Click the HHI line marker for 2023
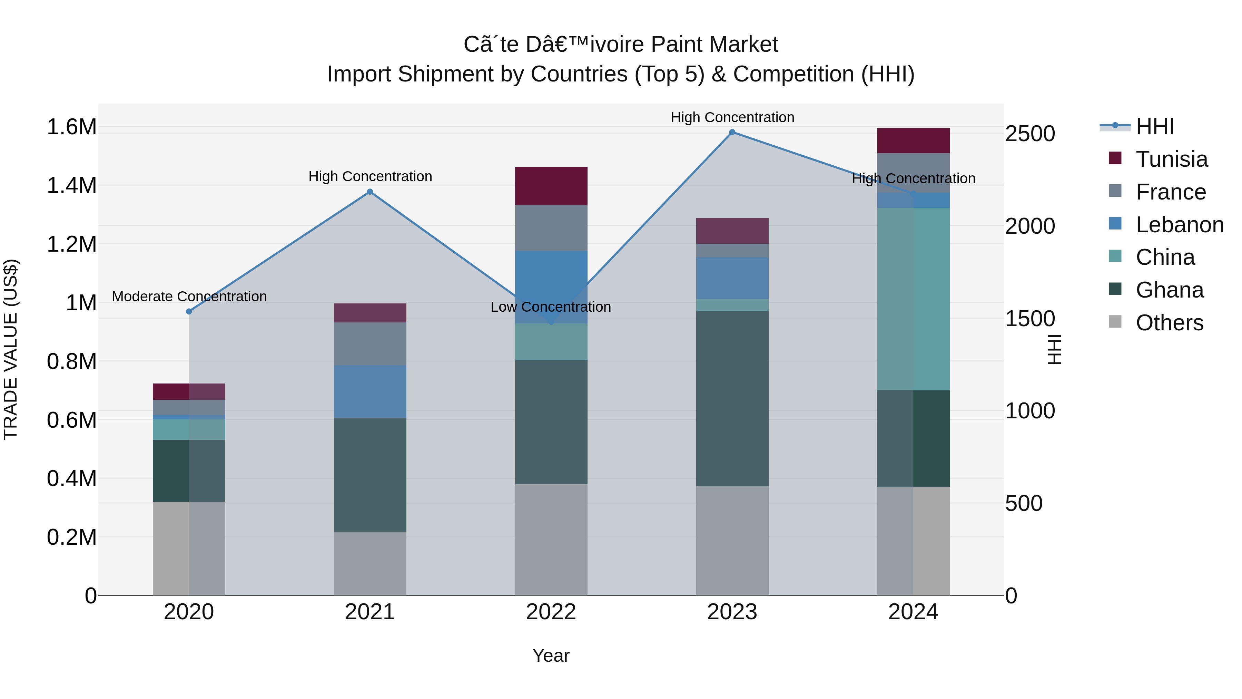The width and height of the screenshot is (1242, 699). click(732, 132)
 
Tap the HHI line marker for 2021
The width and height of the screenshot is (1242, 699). click(370, 192)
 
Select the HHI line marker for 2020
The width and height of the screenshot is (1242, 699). click(189, 312)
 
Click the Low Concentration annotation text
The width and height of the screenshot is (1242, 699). click(551, 307)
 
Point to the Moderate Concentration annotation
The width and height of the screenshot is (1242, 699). click(189, 296)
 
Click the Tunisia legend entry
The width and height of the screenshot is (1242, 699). click(1171, 159)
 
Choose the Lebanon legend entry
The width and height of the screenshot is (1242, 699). click(1179, 225)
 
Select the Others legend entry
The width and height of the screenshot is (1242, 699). click(1169, 323)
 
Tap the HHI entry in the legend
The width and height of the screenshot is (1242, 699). click(1154, 126)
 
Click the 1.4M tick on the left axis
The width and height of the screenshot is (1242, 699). click(71, 186)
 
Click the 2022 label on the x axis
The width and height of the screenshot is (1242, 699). click(551, 612)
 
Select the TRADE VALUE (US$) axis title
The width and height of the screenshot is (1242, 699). click(11, 349)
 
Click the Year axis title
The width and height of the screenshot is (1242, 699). click(551, 656)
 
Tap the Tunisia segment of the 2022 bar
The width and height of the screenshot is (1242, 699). click(551, 186)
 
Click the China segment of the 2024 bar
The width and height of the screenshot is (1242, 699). click(913, 299)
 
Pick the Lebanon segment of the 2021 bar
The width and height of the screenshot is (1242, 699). click(370, 391)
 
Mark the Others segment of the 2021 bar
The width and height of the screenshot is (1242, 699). click(370, 563)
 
